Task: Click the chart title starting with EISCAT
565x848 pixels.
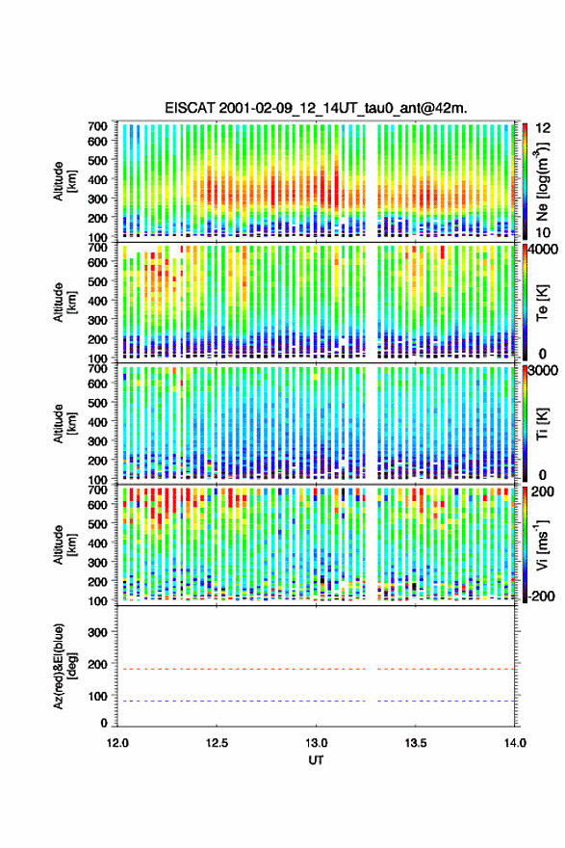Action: point(316,108)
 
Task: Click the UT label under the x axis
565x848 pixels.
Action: point(316,760)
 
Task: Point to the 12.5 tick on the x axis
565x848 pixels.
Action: point(217,743)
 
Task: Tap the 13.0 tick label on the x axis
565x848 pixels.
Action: point(316,743)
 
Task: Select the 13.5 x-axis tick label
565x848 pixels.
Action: point(416,743)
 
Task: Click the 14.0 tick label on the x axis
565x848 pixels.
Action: point(515,743)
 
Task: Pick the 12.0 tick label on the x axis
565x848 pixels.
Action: point(117,743)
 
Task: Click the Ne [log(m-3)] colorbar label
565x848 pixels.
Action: point(542,181)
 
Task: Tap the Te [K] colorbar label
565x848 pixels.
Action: point(542,303)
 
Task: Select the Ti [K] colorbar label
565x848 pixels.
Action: point(542,423)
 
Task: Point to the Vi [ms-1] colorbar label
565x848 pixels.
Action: point(542,544)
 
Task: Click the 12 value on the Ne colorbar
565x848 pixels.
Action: point(544,128)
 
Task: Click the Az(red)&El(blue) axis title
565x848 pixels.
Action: point(64,666)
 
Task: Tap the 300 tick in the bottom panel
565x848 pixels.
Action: point(98,632)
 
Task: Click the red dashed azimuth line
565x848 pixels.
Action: point(316,669)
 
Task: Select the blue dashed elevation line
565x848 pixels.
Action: point(316,701)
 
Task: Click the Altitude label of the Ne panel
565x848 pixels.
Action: point(64,180)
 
